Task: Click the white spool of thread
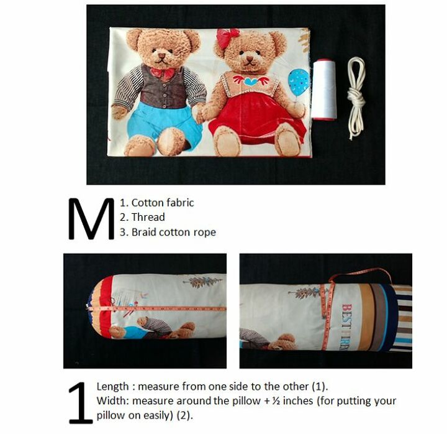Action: pyautogui.click(x=324, y=89)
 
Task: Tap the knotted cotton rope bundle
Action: pyautogui.click(x=356, y=98)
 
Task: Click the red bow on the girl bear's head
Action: pyautogui.click(x=227, y=37)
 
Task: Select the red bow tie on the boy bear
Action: pyautogui.click(x=162, y=73)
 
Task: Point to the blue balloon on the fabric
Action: pyautogui.click(x=299, y=81)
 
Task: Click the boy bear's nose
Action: pyautogui.click(x=161, y=56)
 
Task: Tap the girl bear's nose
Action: pyautogui.click(x=250, y=58)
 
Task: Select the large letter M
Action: pyautogui.click(x=91, y=218)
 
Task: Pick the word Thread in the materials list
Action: pyautogui.click(x=148, y=217)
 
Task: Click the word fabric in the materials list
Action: pyautogui.click(x=180, y=203)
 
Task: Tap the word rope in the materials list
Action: pyautogui.click(x=205, y=233)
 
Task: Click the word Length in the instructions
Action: pyautogui.click(x=112, y=387)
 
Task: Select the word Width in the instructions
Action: pyautogui.click(x=111, y=401)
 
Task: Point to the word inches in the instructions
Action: pyautogui.click(x=298, y=401)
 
